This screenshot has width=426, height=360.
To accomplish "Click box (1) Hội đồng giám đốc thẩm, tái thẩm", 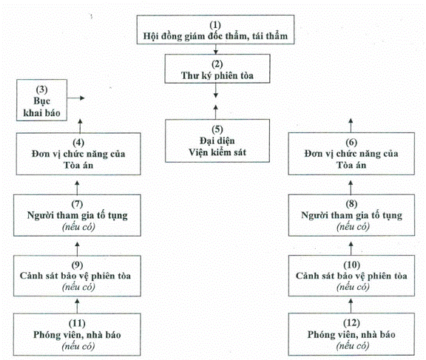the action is (x=215, y=30).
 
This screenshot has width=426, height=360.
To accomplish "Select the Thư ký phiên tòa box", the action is (x=217, y=69).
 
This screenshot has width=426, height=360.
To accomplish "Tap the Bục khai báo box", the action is (x=41, y=100).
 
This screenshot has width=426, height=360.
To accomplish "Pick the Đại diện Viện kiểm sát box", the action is (x=217, y=140).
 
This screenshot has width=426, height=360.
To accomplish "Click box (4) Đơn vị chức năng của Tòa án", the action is (x=78, y=154).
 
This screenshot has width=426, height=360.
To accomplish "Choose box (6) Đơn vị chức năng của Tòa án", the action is (x=351, y=154).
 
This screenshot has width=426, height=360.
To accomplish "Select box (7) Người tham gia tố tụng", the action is (x=77, y=215).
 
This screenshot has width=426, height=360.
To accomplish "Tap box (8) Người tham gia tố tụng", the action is (x=351, y=215).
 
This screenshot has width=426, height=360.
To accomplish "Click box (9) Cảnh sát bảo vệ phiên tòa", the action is (x=77, y=276).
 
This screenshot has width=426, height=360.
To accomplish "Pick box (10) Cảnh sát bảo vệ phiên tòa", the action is (x=351, y=276).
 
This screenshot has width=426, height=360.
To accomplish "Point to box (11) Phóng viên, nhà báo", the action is (x=77, y=334).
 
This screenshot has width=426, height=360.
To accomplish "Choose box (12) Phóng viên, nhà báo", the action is (x=351, y=334).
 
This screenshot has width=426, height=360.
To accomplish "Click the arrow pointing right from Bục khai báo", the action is (x=76, y=98).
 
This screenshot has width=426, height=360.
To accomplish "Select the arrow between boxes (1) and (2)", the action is (x=216, y=49).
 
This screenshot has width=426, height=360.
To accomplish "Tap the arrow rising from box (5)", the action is (x=216, y=112).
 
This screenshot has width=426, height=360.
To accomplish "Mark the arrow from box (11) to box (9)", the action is (x=77, y=306).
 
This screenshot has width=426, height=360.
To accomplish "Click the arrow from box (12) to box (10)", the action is (x=351, y=306).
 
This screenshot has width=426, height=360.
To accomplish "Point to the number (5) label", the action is (x=217, y=129).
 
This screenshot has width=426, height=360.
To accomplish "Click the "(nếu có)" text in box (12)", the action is (x=353, y=346).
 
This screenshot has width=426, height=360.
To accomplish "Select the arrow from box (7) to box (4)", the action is (x=77, y=188).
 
